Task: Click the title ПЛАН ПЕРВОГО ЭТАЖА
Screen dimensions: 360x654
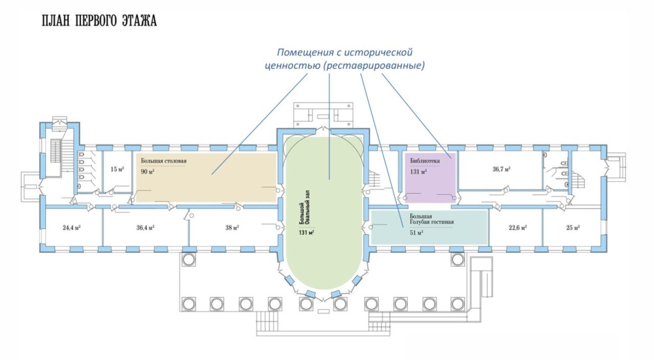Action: [x=99, y=21]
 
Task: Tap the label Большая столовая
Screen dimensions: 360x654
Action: [x=164, y=161]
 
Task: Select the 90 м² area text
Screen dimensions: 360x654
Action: [x=148, y=172]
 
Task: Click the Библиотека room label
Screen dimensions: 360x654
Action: [x=425, y=161]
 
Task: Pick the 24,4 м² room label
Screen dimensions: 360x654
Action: [x=72, y=228]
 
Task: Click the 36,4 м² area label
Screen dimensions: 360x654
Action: [x=146, y=228]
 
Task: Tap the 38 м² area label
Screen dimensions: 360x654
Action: [x=232, y=228]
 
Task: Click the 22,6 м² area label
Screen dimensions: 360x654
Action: [x=517, y=228]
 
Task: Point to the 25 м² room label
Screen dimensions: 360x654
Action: [x=573, y=228]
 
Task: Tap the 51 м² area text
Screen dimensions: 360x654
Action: [x=416, y=233]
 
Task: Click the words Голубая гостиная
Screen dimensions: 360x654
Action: [x=432, y=223]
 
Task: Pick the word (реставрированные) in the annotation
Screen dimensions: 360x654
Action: [x=375, y=66]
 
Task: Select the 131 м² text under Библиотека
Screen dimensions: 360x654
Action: [x=418, y=172]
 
